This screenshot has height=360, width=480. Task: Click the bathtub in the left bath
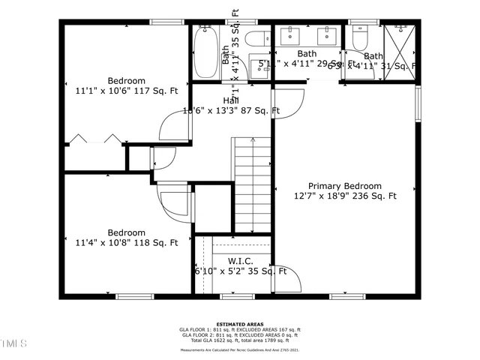[204, 52]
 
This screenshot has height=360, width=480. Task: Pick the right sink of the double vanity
[328, 35]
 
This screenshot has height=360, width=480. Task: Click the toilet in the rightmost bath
[359, 37]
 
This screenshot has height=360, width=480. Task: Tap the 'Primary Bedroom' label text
[345, 186]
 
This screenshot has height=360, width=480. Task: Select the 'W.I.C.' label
[240, 261]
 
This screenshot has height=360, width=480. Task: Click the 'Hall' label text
[231, 100]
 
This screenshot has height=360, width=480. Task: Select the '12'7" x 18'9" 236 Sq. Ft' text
[345, 196]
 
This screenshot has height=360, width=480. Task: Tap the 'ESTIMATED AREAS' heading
[239, 323]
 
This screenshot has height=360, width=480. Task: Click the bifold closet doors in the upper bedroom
[94, 140]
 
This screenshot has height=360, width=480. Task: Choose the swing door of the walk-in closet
[289, 279]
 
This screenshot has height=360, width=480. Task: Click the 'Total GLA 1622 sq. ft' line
[240, 340]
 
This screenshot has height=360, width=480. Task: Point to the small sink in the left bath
[259, 69]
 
